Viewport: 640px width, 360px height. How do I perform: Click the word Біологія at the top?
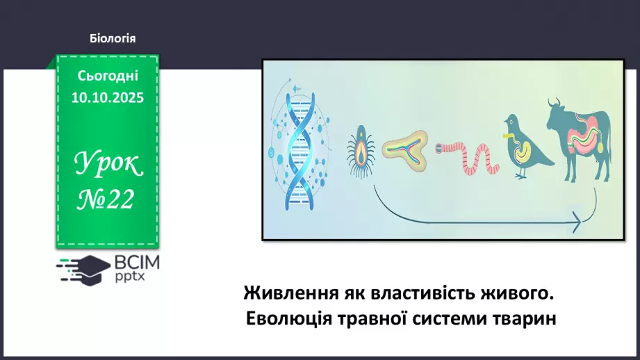point(113,38)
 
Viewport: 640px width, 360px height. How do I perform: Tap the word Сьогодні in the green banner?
point(108,76)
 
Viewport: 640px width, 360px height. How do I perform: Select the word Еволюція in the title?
point(287,320)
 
